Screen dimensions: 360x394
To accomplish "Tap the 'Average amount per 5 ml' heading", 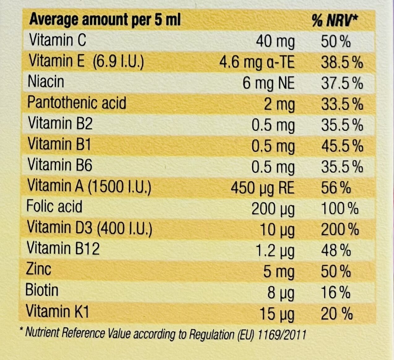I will (105, 20).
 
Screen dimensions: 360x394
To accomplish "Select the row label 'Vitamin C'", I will (58, 40).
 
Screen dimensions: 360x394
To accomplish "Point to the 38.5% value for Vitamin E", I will (342, 62).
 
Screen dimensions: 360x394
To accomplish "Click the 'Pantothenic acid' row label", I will (77, 103).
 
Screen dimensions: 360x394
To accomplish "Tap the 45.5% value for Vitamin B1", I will (342, 146).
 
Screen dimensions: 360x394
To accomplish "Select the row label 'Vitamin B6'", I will (60, 165).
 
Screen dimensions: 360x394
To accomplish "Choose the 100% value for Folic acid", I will (340, 209).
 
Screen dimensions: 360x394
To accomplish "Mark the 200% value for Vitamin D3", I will (340, 230).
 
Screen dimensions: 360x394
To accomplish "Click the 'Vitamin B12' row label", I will (63, 248).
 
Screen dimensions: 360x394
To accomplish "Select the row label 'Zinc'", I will (38, 269).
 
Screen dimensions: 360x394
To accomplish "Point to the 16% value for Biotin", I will (336, 293).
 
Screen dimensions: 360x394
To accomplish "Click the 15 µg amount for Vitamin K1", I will (277, 314).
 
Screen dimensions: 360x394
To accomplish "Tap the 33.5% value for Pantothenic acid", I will (342, 104).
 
